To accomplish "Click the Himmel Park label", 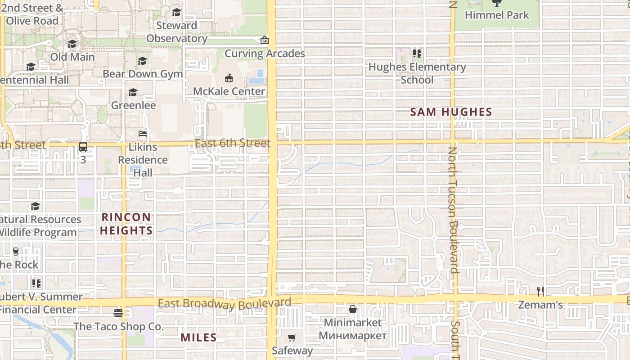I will (497, 15).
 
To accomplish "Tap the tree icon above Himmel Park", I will (497, 3).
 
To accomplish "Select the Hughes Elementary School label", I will (417, 73).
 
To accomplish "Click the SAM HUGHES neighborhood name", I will (451, 112).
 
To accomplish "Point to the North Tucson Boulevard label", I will (453, 210).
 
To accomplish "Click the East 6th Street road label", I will (233, 143).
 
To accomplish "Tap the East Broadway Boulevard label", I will (225, 304).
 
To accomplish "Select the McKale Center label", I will (229, 91).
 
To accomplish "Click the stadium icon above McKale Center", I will (229, 78).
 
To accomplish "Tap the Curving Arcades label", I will (265, 54).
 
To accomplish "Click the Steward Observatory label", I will (177, 32).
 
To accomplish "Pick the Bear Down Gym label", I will (143, 74).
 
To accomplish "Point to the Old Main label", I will (72, 57).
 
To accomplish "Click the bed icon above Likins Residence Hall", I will (143, 134).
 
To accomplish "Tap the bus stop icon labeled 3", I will (83, 146).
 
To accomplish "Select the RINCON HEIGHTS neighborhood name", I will (126, 224).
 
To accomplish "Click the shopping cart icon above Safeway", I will (292, 337).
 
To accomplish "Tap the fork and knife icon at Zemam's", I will (540, 292).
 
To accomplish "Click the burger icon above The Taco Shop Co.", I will (118, 313).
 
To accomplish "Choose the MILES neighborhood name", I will (198, 337).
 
